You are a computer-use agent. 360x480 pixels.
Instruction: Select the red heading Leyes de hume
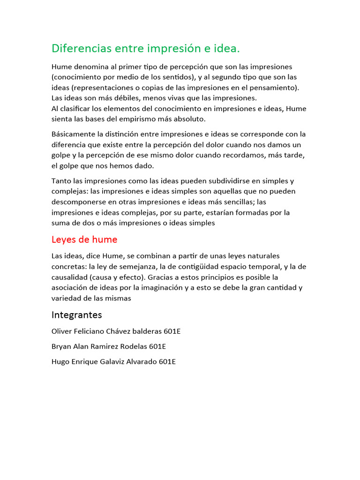click(84, 240)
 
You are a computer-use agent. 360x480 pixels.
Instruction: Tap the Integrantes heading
click(76, 315)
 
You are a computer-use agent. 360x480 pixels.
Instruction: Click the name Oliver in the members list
click(62, 331)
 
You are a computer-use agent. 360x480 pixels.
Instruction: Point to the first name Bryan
click(61, 346)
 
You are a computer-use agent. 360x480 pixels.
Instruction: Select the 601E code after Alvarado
click(167, 361)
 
